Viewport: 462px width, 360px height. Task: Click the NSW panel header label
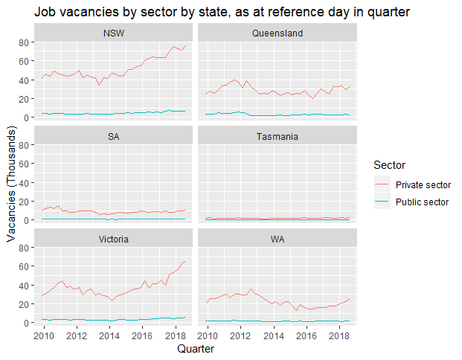click(x=113, y=34)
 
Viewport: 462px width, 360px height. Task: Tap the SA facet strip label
click(x=113, y=137)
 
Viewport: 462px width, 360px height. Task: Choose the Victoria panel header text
click(x=113, y=240)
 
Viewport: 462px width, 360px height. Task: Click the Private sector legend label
click(x=423, y=185)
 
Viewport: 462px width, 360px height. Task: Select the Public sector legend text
click(x=422, y=202)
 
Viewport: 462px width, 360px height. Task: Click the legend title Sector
click(x=390, y=164)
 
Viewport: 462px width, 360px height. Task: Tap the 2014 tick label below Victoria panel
click(x=109, y=335)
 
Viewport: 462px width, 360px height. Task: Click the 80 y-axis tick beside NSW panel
click(x=23, y=42)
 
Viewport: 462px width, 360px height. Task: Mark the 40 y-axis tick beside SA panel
click(x=23, y=182)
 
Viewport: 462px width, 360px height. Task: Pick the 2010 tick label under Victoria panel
click(x=44, y=335)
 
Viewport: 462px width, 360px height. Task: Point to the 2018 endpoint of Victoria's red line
click(x=185, y=261)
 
